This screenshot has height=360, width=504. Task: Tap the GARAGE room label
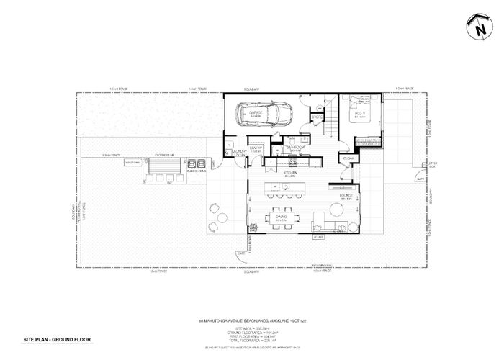pyautogui.click(x=255, y=113)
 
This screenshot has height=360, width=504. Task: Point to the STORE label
pyautogui.click(x=316, y=117)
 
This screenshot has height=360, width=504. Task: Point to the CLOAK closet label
pyautogui.click(x=348, y=158)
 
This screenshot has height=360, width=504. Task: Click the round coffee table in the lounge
pyautogui.click(x=336, y=210)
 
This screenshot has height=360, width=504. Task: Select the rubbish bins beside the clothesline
pyautogui.click(x=196, y=164)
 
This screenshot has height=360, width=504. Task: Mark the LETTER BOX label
pyautogui.click(x=433, y=165)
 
